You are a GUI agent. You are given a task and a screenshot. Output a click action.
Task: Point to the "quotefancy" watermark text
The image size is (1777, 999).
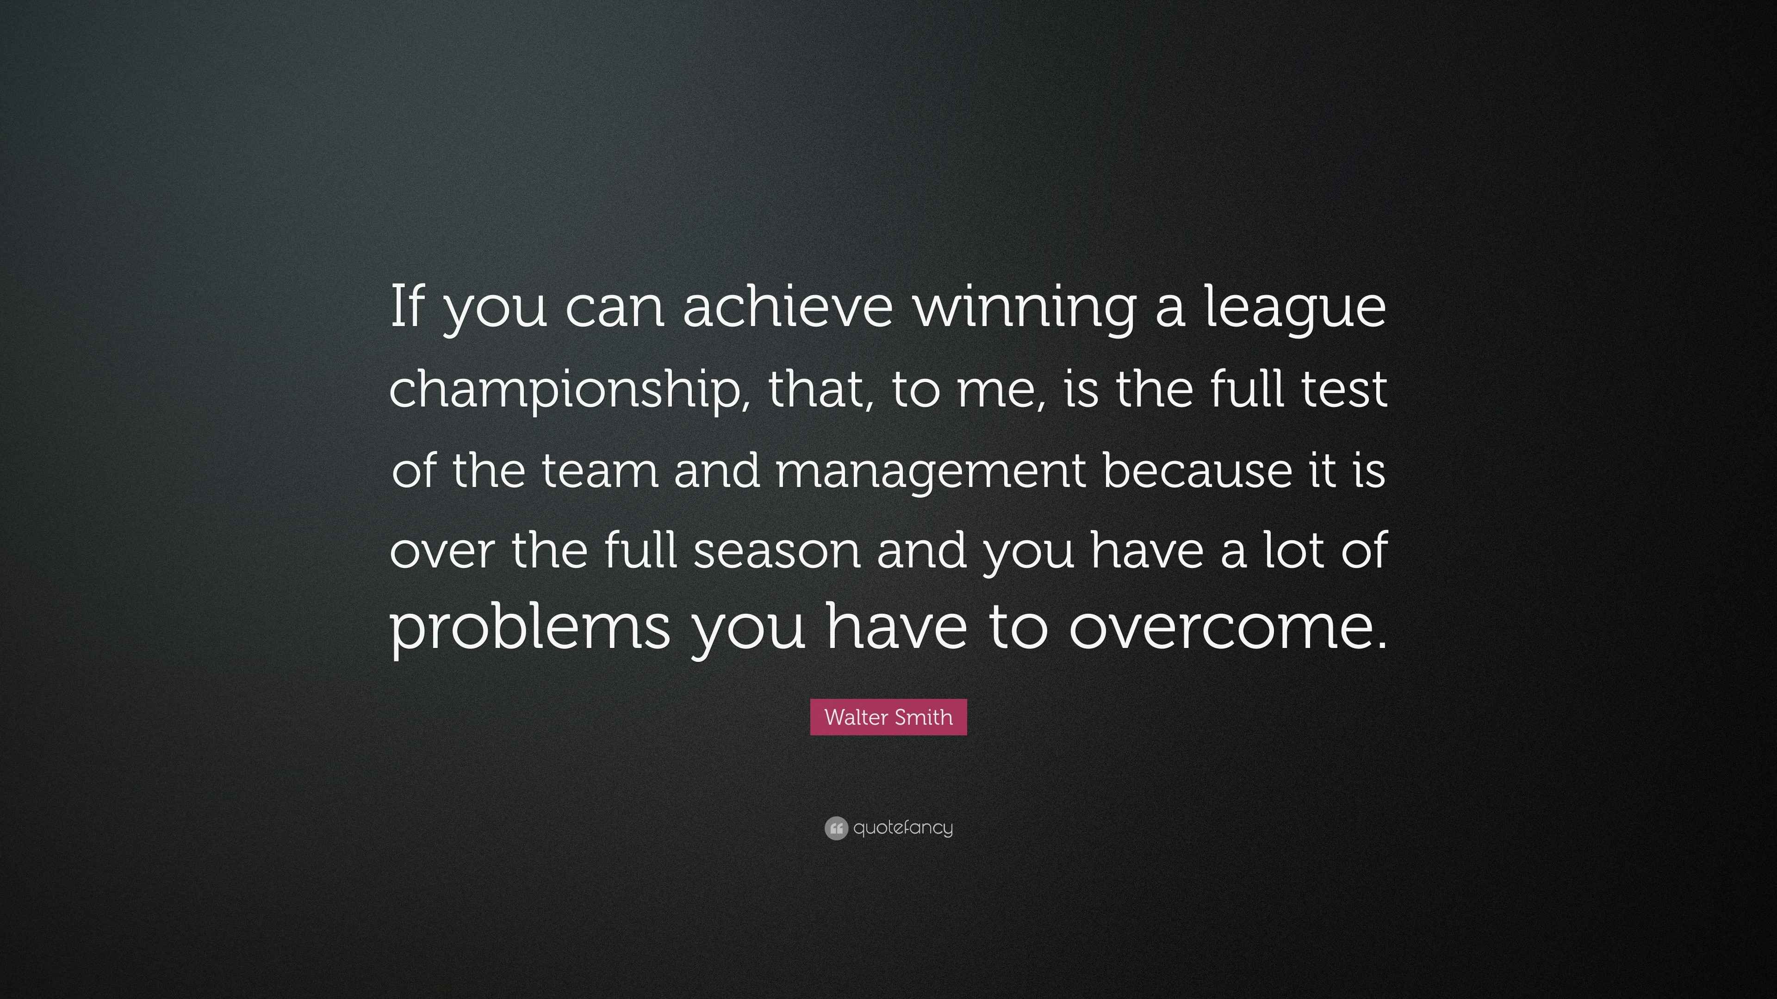pos(903,828)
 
